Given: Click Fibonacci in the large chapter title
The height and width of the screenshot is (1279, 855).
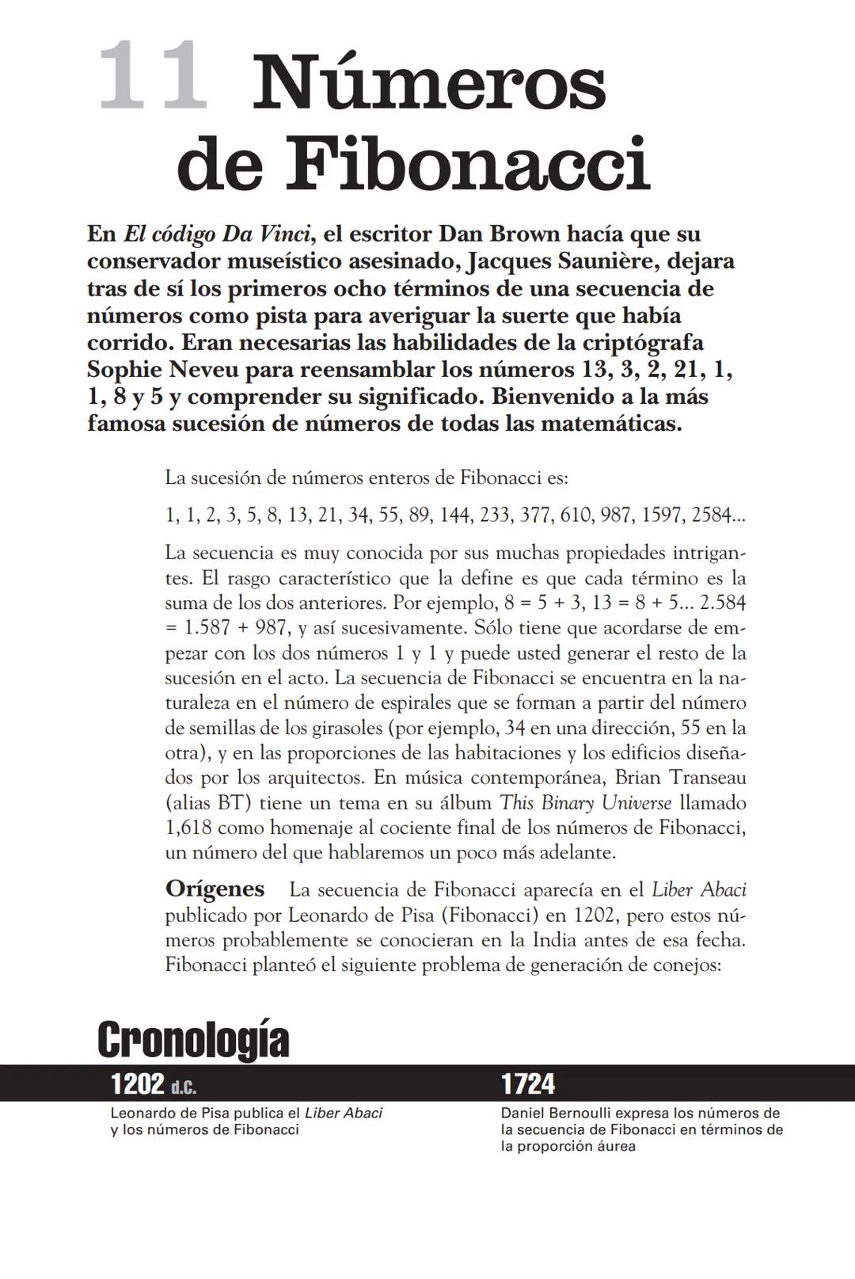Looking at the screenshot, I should pyautogui.click(x=467, y=164).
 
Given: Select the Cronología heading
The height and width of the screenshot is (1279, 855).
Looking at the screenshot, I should pyautogui.click(x=193, y=1040).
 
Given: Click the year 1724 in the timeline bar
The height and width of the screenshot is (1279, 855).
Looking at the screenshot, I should pyautogui.click(x=528, y=1083).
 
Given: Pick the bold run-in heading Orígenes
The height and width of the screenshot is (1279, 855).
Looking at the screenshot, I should pyautogui.click(x=215, y=889).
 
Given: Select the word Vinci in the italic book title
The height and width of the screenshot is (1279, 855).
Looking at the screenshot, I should pyautogui.click(x=281, y=234).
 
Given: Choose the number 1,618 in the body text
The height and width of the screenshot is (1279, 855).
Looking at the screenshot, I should pyautogui.click(x=188, y=828).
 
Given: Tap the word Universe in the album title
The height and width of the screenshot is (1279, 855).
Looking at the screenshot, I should pyautogui.click(x=636, y=803).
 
